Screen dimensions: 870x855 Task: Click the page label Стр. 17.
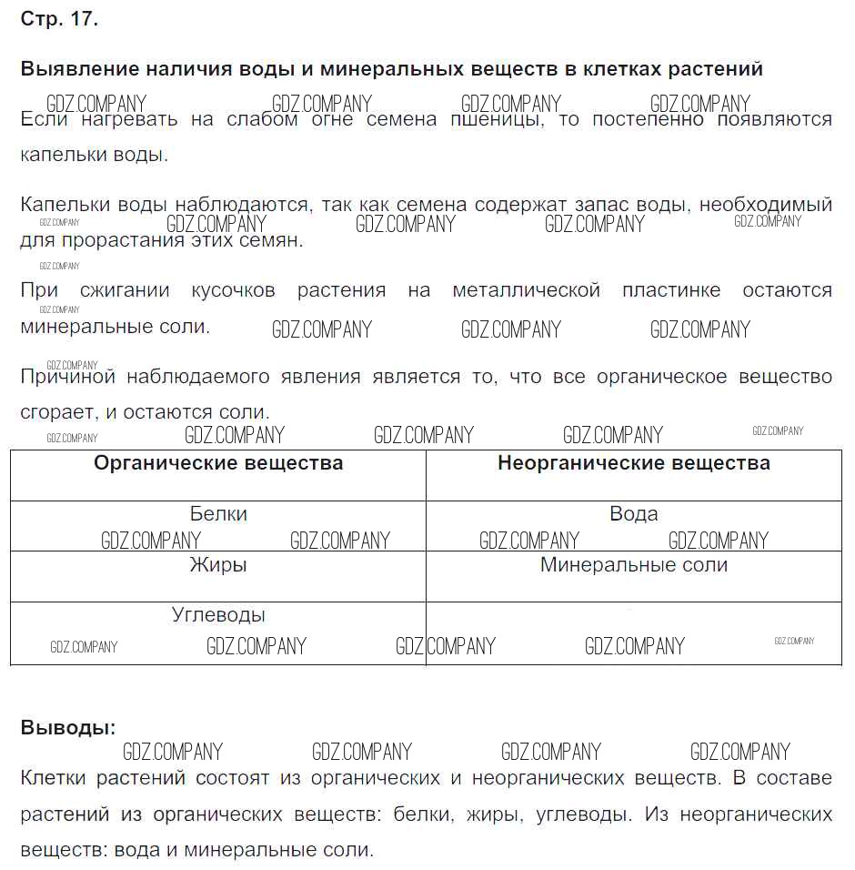click(x=59, y=19)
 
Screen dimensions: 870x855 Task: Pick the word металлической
click(x=526, y=290)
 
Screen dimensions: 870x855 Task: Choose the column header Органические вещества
click(x=218, y=463)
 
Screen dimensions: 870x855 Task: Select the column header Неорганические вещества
click(x=633, y=463)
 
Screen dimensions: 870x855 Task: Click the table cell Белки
click(x=218, y=514)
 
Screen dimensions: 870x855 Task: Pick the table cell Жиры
click(x=218, y=565)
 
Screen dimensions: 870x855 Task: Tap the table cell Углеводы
click(x=218, y=615)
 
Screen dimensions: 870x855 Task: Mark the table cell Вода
click(x=633, y=514)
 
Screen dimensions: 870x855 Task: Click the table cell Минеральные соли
click(x=633, y=565)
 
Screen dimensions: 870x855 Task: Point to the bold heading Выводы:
click(x=68, y=728)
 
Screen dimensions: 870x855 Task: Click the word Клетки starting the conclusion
click(x=52, y=778)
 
